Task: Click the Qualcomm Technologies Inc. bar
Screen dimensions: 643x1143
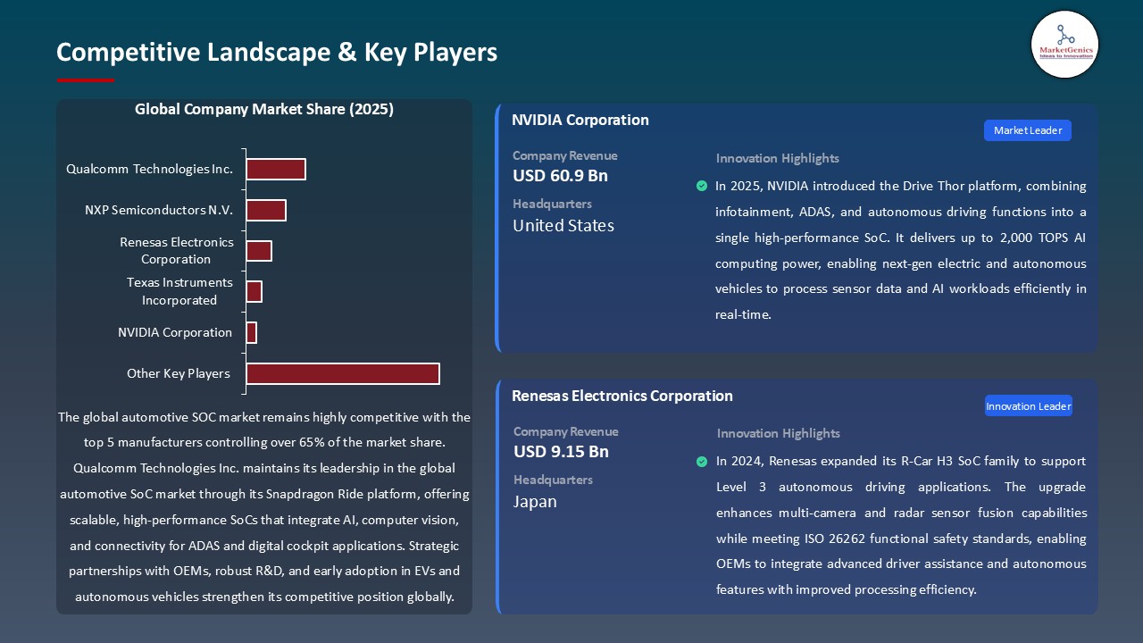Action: click(276, 169)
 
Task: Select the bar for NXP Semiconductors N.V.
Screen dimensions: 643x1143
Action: click(266, 210)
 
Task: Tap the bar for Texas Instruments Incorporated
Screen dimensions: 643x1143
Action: click(254, 291)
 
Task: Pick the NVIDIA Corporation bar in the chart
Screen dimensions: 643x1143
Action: click(251, 332)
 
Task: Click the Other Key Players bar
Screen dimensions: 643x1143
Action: click(343, 373)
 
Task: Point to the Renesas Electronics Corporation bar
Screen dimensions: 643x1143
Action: click(259, 251)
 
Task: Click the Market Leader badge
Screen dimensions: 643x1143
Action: click(1027, 130)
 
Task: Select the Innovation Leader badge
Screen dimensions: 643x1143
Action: click(1028, 406)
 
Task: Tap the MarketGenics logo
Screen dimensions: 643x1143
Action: click(1064, 45)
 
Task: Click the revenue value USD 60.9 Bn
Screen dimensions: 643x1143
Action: click(560, 176)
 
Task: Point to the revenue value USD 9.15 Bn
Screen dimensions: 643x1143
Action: click(561, 452)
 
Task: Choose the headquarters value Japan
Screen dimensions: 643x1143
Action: click(535, 502)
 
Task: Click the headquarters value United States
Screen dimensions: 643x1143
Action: click(563, 226)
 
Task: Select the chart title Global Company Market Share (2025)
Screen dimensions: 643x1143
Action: click(264, 110)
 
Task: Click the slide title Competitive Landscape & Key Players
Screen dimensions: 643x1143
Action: click(277, 53)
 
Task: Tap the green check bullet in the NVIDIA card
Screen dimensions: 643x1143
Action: click(702, 186)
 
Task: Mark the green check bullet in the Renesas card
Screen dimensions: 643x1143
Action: click(702, 462)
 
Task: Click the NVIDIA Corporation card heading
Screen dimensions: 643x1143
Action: click(580, 120)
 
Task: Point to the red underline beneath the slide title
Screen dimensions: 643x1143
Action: click(86, 80)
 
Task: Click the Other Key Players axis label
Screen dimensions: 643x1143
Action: click(179, 373)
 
